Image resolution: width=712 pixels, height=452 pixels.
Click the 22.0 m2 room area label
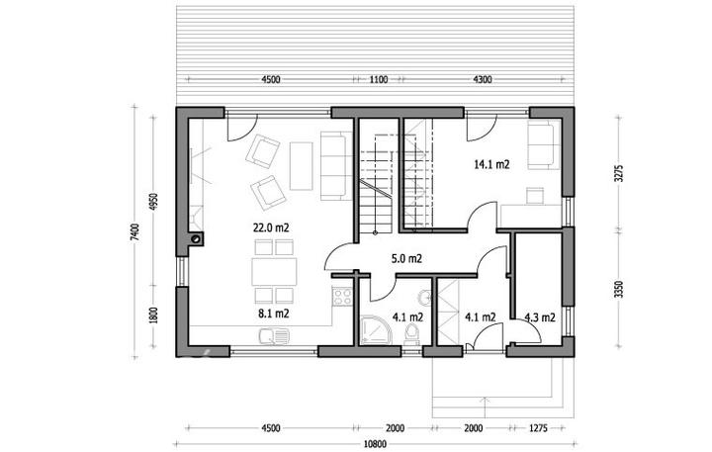(271, 227)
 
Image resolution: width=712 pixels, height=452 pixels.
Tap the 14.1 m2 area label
(491, 164)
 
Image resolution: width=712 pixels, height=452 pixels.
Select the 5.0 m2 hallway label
(406, 258)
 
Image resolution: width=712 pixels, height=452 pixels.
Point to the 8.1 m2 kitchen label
(274, 313)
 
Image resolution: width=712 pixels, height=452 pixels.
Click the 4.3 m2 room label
(540, 317)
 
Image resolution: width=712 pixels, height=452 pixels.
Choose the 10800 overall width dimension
(376, 444)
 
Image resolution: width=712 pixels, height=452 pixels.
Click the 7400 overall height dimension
(134, 232)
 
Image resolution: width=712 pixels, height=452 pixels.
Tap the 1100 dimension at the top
(378, 79)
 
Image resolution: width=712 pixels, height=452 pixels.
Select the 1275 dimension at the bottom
(539, 428)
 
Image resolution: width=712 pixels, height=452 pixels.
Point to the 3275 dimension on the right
(618, 173)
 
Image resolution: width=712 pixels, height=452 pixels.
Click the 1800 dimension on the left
(153, 316)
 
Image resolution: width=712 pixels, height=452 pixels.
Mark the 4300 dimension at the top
(483, 79)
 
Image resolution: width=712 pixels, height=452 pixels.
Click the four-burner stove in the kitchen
(342, 297)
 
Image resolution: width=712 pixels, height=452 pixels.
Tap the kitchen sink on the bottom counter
(274, 336)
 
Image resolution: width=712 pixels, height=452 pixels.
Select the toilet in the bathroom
(412, 334)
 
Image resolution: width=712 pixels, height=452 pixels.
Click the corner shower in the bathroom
(376, 330)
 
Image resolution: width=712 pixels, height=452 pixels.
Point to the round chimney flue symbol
(197, 238)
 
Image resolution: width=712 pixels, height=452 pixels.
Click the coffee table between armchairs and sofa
(301, 166)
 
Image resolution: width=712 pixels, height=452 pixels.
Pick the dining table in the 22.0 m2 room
(274, 272)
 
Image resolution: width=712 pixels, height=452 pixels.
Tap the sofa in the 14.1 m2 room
(544, 145)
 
